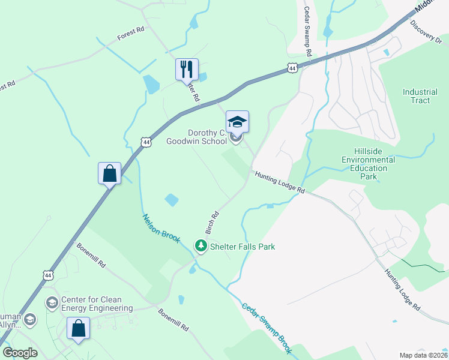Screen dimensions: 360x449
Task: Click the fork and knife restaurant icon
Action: (187, 69)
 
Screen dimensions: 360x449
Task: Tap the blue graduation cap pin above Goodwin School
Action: (237, 122)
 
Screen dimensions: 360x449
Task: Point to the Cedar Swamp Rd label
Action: (308, 31)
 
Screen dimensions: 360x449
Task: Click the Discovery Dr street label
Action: (426, 31)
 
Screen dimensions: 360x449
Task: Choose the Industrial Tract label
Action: (420, 96)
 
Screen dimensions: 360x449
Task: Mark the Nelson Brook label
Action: (161, 228)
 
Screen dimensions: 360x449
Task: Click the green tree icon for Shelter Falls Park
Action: (200, 246)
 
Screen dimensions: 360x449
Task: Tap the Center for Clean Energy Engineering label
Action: (97, 304)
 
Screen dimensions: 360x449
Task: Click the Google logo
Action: (20, 353)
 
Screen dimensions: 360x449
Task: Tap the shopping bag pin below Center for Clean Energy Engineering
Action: (78, 329)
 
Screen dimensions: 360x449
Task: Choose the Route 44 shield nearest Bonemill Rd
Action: (47, 275)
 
